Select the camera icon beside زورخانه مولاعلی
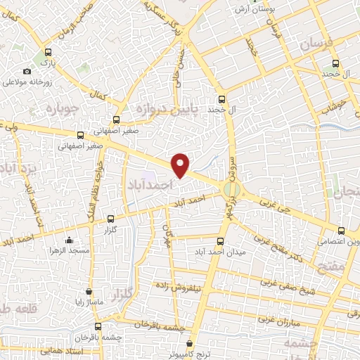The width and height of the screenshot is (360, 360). pyautogui.click(x=27, y=71)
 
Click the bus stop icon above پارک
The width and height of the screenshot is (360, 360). pyautogui.click(x=48, y=51)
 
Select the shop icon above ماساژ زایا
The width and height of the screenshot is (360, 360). pyautogui.click(x=89, y=291)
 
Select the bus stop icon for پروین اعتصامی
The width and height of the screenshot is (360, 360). pyautogui.click(x=341, y=230)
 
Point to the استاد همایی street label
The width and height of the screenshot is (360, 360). pyautogui.click(x=63, y=349)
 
